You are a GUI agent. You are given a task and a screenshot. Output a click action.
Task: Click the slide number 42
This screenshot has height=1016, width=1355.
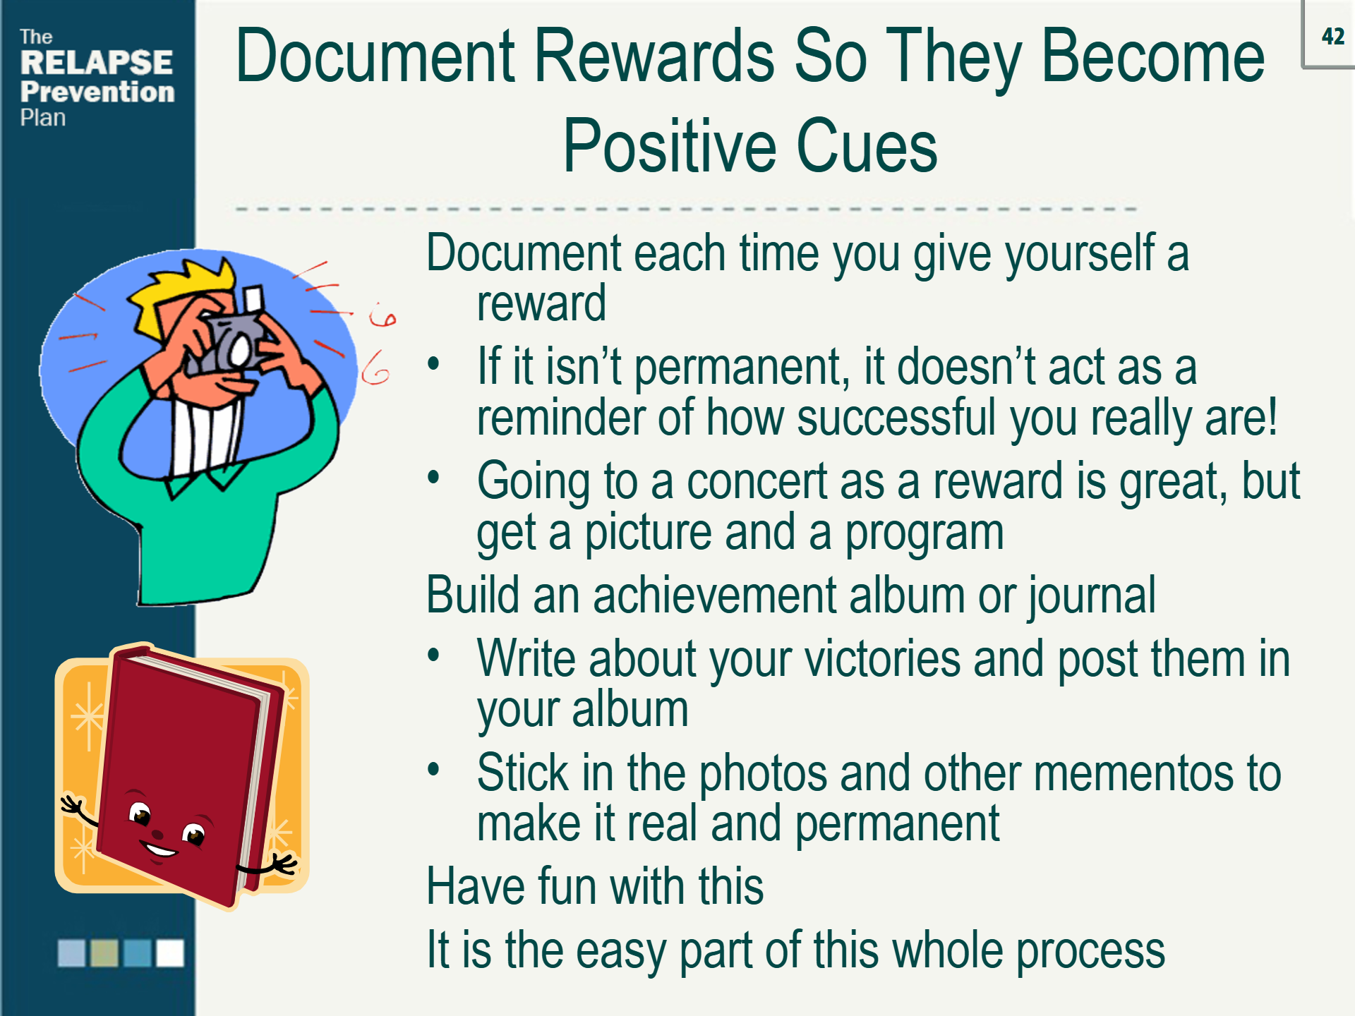click(1333, 36)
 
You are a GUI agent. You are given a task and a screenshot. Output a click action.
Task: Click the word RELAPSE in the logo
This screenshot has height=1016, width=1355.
click(97, 63)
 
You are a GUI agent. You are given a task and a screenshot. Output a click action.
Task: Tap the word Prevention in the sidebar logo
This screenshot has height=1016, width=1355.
click(97, 92)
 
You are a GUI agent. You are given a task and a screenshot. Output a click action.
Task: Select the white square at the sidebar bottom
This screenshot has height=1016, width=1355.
click(170, 953)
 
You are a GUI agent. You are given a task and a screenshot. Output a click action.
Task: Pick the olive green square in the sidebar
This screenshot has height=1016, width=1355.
click(104, 953)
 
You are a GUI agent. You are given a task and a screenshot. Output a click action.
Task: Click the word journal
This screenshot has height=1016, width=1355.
click(1091, 596)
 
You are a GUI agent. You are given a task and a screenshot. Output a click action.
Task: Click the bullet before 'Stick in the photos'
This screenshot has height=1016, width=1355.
click(433, 768)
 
